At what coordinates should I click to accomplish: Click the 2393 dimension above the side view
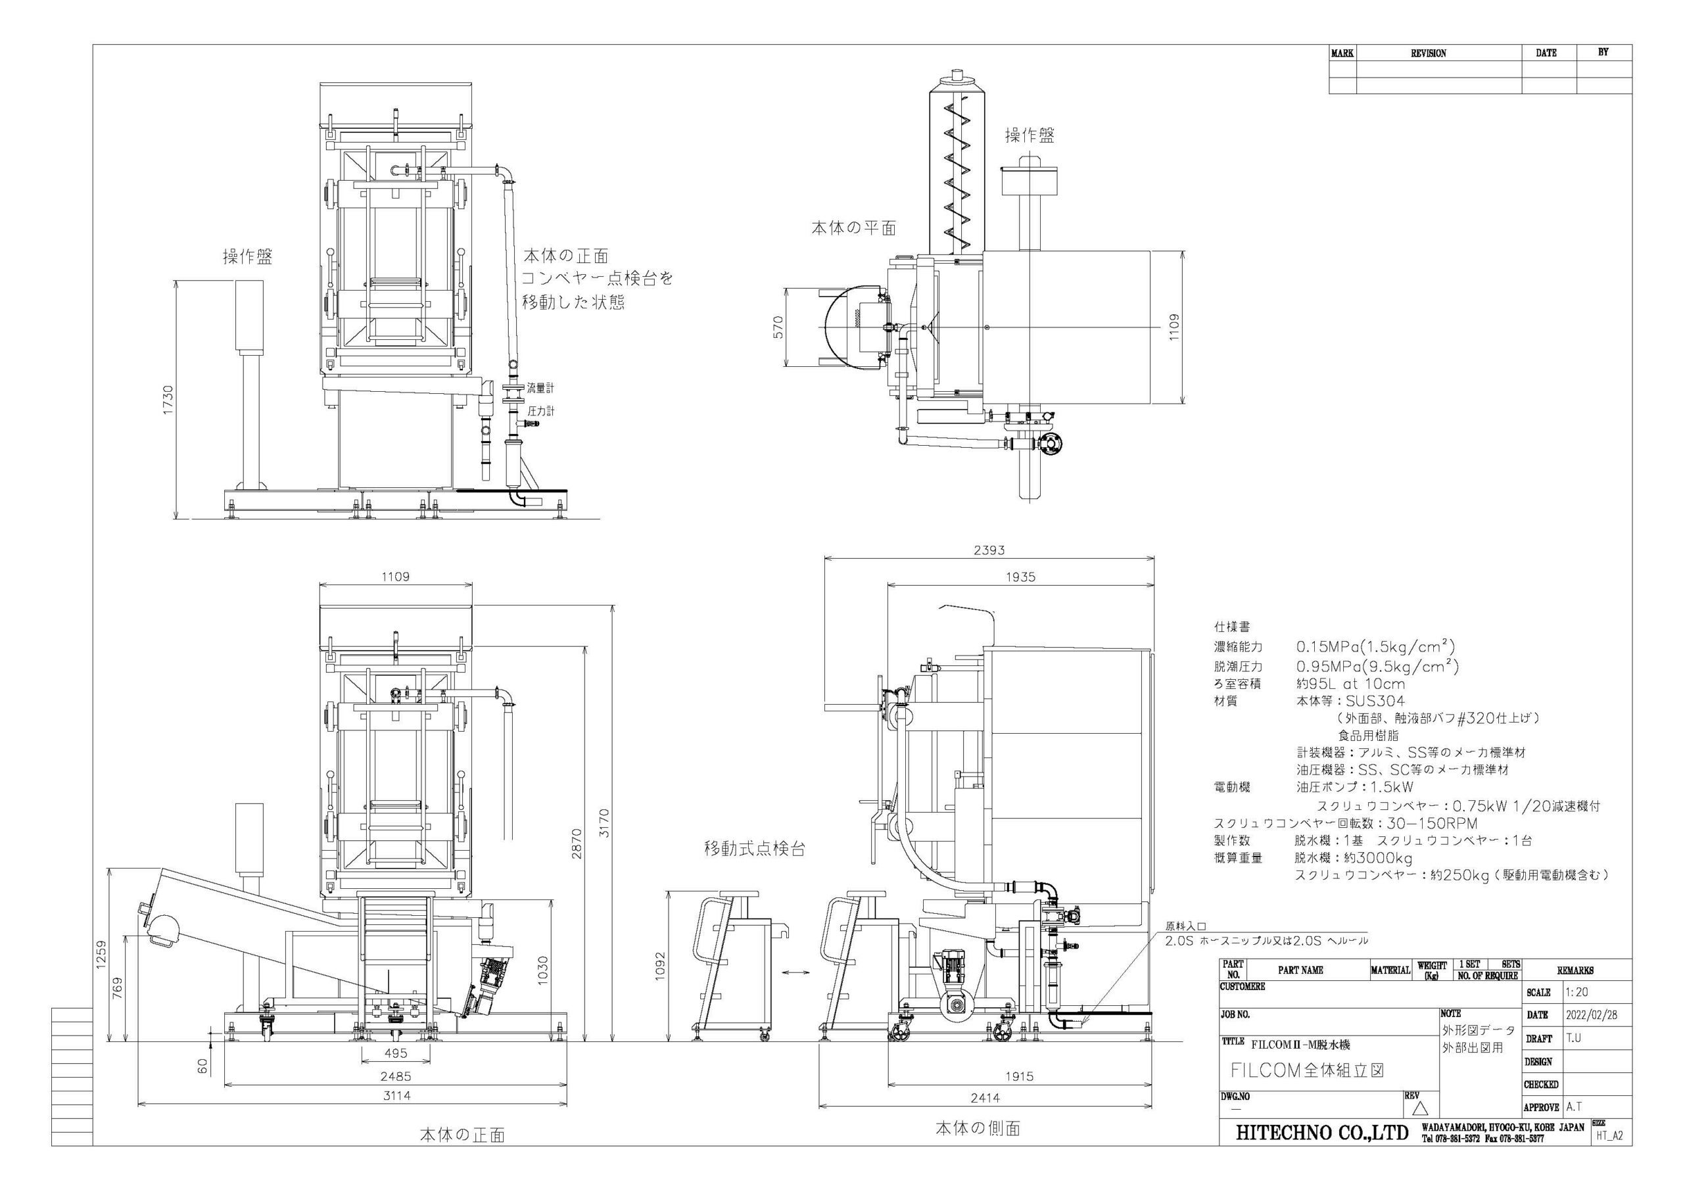pos(989,550)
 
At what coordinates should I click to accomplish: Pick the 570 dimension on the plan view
pos(778,326)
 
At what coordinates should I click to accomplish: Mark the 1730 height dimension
pos(168,400)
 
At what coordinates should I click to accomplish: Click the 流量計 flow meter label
pos(540,388)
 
